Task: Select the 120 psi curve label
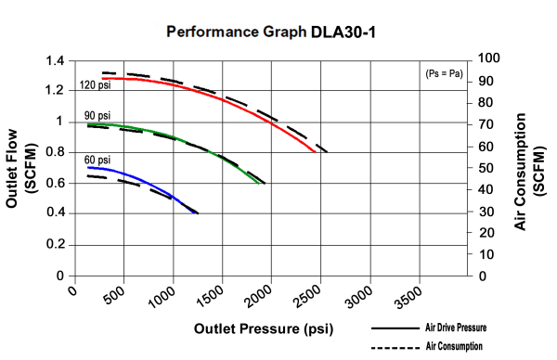pyautogui.click(x=96, y=86)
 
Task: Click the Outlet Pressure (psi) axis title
pyautogui.click(x=263, y=329)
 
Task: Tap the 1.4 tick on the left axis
pyautogui.click(x=54, y=60)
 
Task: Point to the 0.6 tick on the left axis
pyautogui.click(x=54, y=184)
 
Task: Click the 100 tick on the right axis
pyautogui.click(x=488, y=58)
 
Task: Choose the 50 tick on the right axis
pyautogui.click(x=486, y=168)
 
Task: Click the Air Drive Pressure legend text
pyautogui.click(x=455, y=328)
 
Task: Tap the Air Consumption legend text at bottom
pyautogui.click(x=455, y=346)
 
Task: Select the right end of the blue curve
pyautogui.click(x=196, y=212)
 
